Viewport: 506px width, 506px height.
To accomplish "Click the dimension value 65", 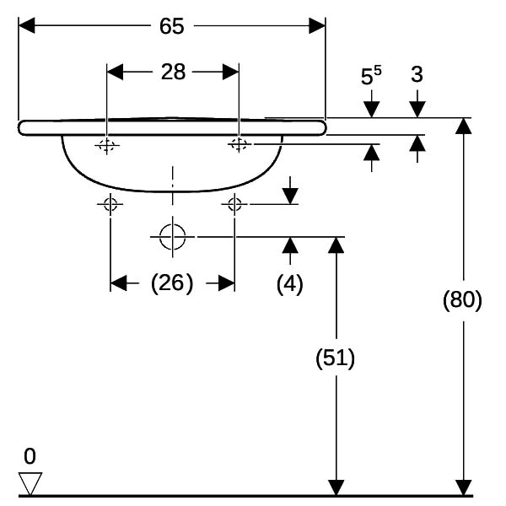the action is [172, 26].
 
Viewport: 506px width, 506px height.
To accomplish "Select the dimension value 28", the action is [173, 72].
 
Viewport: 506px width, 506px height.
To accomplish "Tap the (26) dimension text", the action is [172, 283].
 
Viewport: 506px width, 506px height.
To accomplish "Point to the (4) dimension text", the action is [290, 284].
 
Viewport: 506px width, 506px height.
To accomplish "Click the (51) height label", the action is [336, 358].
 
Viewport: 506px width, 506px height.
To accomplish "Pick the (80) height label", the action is [462, 299].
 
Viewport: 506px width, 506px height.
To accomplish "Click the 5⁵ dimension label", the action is [371, 76].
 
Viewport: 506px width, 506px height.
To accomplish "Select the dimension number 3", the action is [417, 74].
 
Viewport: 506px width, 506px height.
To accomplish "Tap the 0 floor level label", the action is [30, 456].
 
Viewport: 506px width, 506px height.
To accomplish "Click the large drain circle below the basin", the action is [173, 237].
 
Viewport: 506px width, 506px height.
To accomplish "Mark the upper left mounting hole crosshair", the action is [107, 145].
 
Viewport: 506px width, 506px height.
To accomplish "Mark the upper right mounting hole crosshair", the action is [240, 144].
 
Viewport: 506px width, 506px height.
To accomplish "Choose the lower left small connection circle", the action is [110, 204].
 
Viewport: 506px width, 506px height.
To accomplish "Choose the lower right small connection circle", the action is [234, 204].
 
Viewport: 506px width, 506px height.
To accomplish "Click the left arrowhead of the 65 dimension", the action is [26, 25].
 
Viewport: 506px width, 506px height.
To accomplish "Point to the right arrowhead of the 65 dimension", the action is [317, 26].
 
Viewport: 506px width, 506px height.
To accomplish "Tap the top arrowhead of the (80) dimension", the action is [463, 126].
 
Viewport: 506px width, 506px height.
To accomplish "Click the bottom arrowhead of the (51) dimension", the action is [336, 487].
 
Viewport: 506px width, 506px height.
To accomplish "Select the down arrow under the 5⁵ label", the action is [371, 103].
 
